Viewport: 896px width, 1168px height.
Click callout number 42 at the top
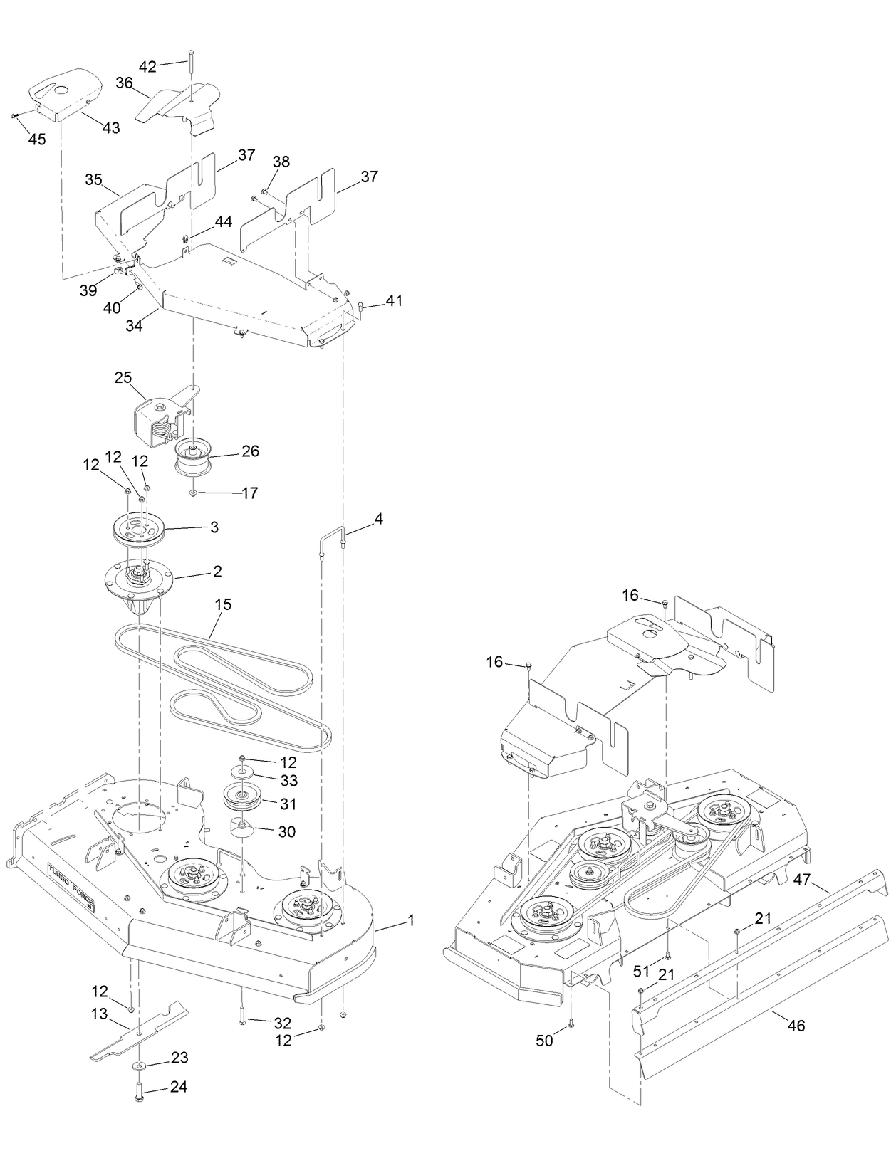point(147,67)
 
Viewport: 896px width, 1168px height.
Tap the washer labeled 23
point(136,1065)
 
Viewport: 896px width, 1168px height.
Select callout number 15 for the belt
point(223,604)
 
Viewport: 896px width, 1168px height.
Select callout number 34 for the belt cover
point(134,326)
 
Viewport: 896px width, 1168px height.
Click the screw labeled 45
point(14,115)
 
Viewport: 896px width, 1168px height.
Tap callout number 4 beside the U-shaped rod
point(378,519)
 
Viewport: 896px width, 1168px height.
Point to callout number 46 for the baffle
point(796,1026)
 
